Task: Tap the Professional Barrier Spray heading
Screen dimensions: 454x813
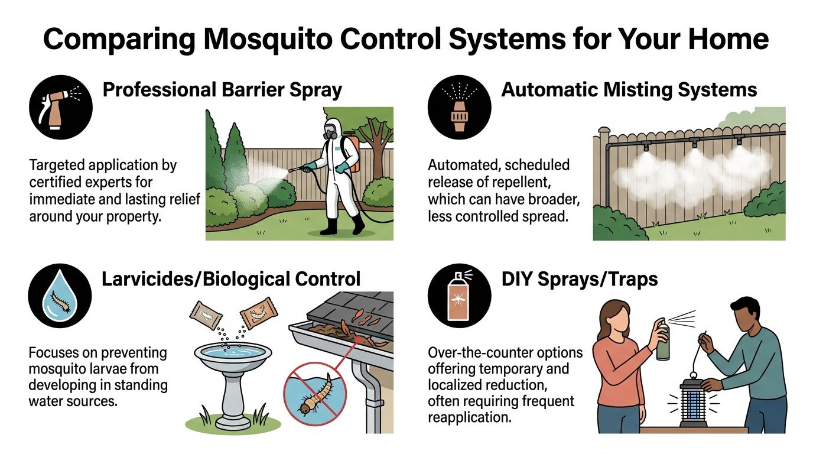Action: (x=222, y=90)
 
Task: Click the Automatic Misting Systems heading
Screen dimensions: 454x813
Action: (x=629, y=90)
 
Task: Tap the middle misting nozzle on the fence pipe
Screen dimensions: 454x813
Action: (x=694, y=142)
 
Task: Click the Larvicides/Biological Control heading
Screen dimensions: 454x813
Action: (x=231, y=278)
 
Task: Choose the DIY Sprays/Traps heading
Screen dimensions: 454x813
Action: (x=580, y=278)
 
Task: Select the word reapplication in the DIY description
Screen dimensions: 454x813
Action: (x=469, y=417)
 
